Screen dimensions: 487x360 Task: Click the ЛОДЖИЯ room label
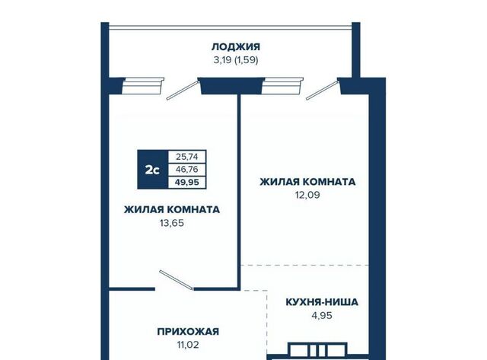[x=236, y=47]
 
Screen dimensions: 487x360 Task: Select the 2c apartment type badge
[x=153, y=170]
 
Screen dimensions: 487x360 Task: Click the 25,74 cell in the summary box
[x=187, y=157]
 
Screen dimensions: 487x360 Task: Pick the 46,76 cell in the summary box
[x=187, y=169]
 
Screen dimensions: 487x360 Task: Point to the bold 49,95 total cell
[x=187, y=182]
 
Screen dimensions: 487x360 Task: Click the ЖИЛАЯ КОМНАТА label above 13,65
[x=172, y=209]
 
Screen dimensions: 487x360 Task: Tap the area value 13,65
[x=172, y=223]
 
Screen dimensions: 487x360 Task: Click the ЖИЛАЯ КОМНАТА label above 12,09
[x=307, y=182]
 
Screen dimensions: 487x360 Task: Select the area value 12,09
[x=307, y=195]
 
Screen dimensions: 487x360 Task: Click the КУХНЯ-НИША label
[x=322, y=302]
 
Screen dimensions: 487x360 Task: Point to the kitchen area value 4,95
[x=322, y=316]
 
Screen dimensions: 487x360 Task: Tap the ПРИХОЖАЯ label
[x=188, y=331]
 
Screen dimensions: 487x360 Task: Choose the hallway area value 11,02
[x=188, y=345]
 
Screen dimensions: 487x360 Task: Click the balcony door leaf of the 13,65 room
[x=183, y=91]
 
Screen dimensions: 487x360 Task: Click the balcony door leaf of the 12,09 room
[x=323, y=91]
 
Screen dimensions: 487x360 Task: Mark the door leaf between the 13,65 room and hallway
[x=177, y=280]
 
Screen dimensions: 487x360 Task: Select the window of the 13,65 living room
[x=142, y=86]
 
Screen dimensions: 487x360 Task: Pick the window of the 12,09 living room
[x=282, y=86]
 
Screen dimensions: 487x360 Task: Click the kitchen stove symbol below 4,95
[x=317, y=350]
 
